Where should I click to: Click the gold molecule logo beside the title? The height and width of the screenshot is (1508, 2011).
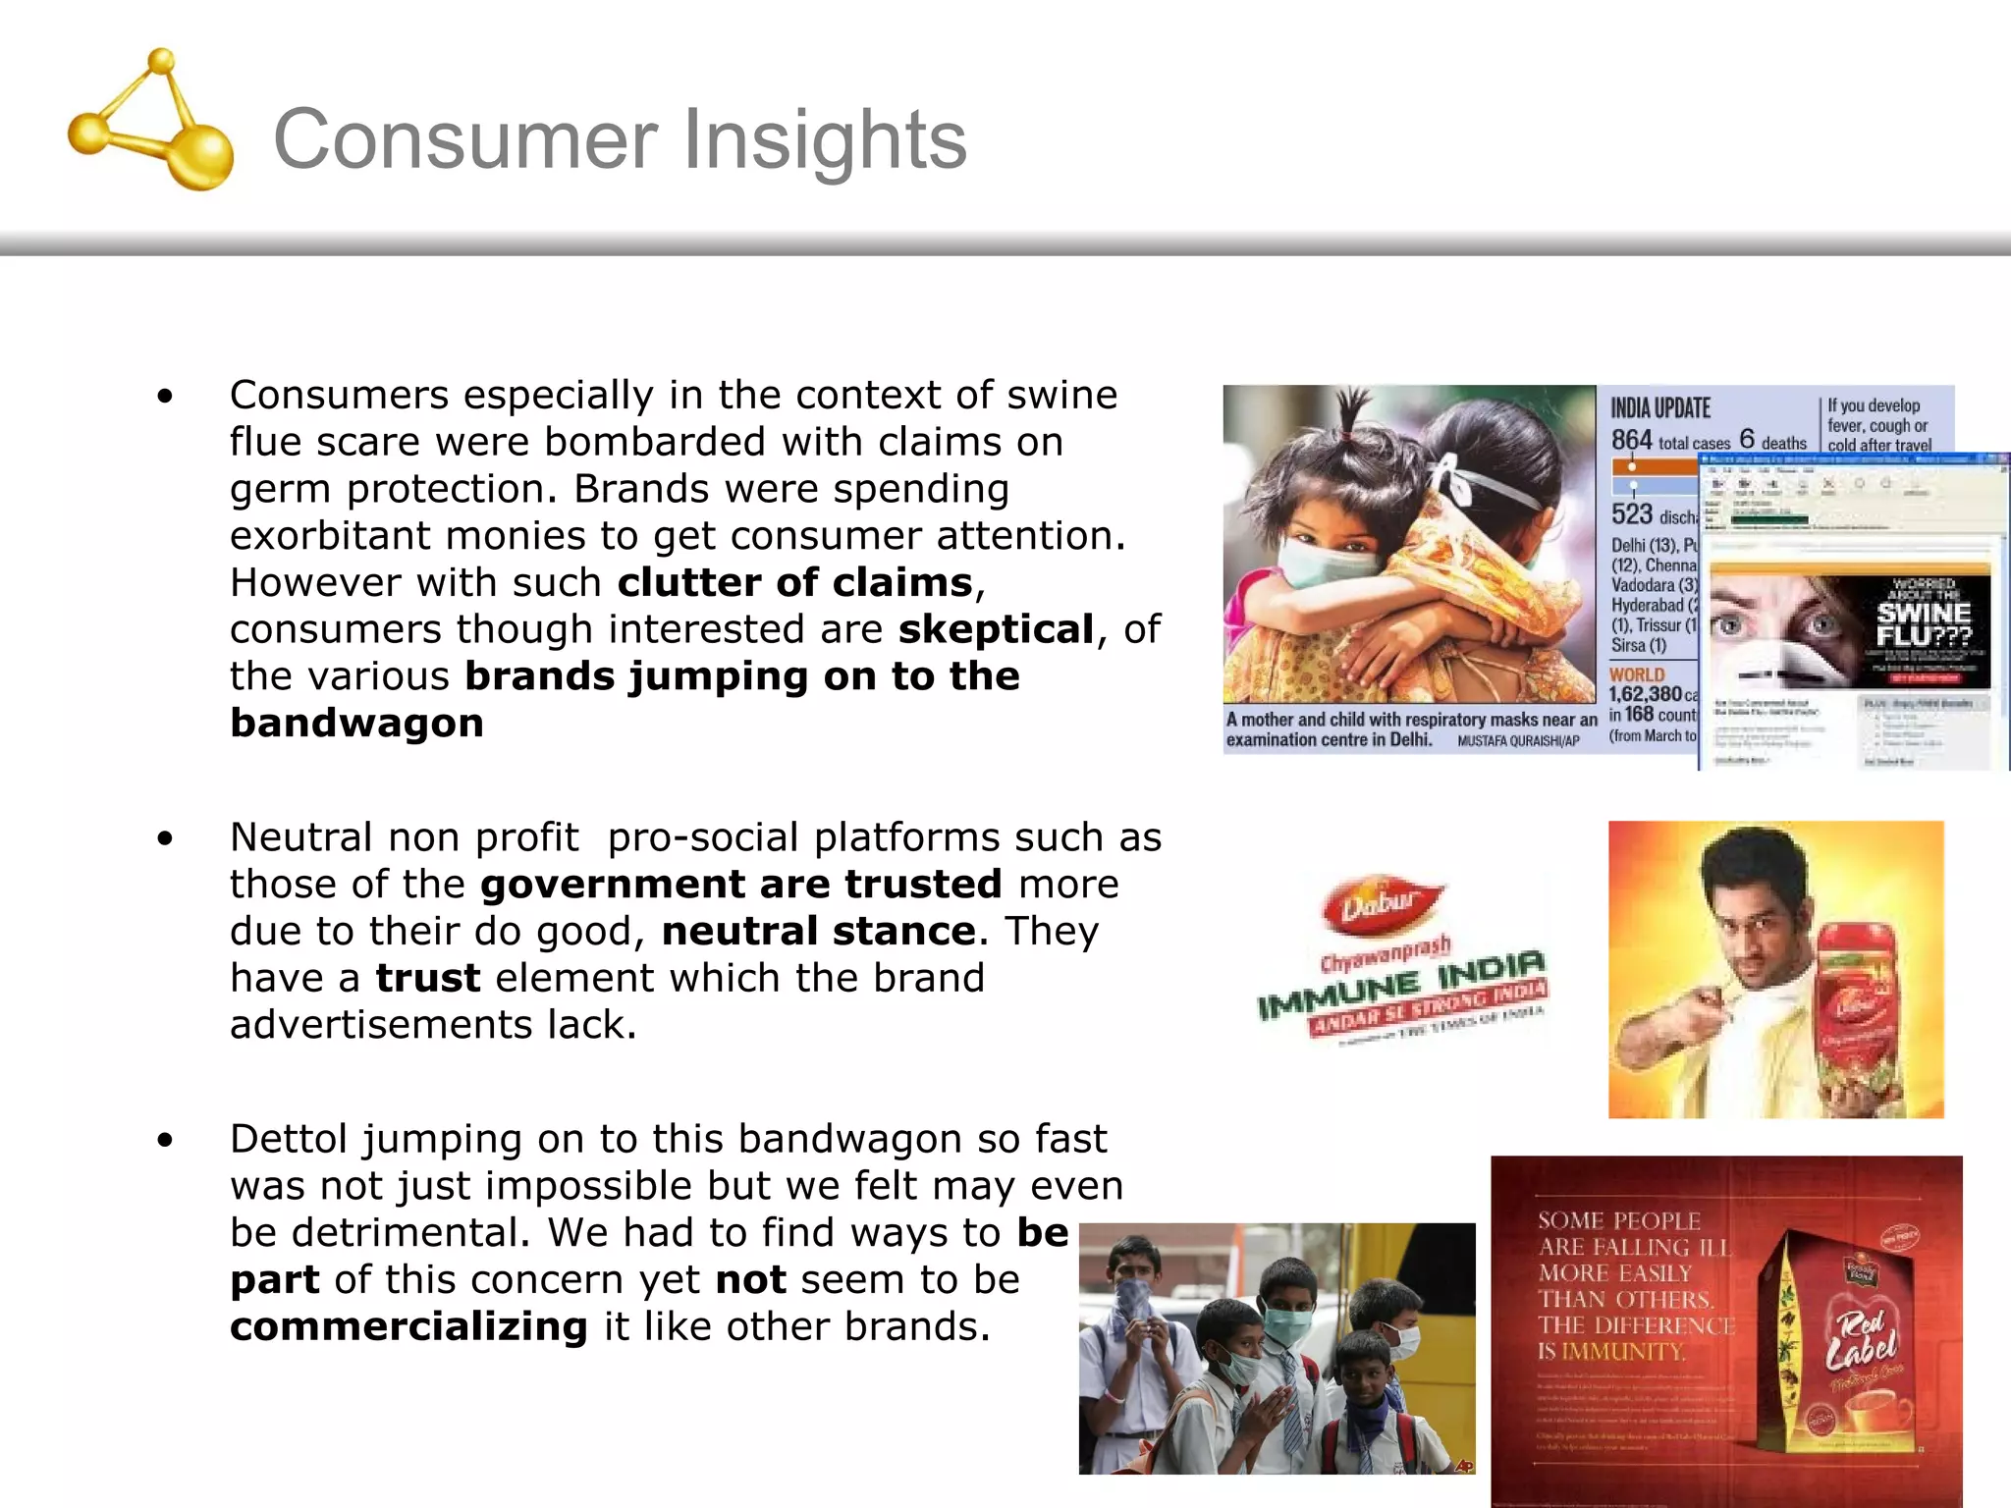coord(152,122)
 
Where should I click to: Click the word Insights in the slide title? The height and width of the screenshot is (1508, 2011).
coord(825,140)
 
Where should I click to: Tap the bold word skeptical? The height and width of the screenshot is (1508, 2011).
coord(996,629)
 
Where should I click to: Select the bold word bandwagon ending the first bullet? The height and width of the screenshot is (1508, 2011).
coord(356,724)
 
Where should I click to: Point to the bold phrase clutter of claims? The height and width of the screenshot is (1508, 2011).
coord(795,583)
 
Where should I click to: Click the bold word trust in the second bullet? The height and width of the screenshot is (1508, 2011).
coord(428,978)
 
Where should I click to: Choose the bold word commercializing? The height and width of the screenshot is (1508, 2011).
coord(408,1326)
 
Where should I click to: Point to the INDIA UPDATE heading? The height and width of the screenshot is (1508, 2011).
coord(1660,408)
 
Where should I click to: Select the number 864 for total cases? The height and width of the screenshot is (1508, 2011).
coord(1631,441)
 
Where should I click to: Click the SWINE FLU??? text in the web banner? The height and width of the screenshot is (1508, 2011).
coord(1923,624)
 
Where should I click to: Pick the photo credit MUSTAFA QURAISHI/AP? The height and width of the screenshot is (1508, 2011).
coord(1518,741)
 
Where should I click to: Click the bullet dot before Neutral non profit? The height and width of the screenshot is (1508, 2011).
coord(165,838)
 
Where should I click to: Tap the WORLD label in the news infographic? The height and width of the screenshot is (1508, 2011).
coord(1637,674)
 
